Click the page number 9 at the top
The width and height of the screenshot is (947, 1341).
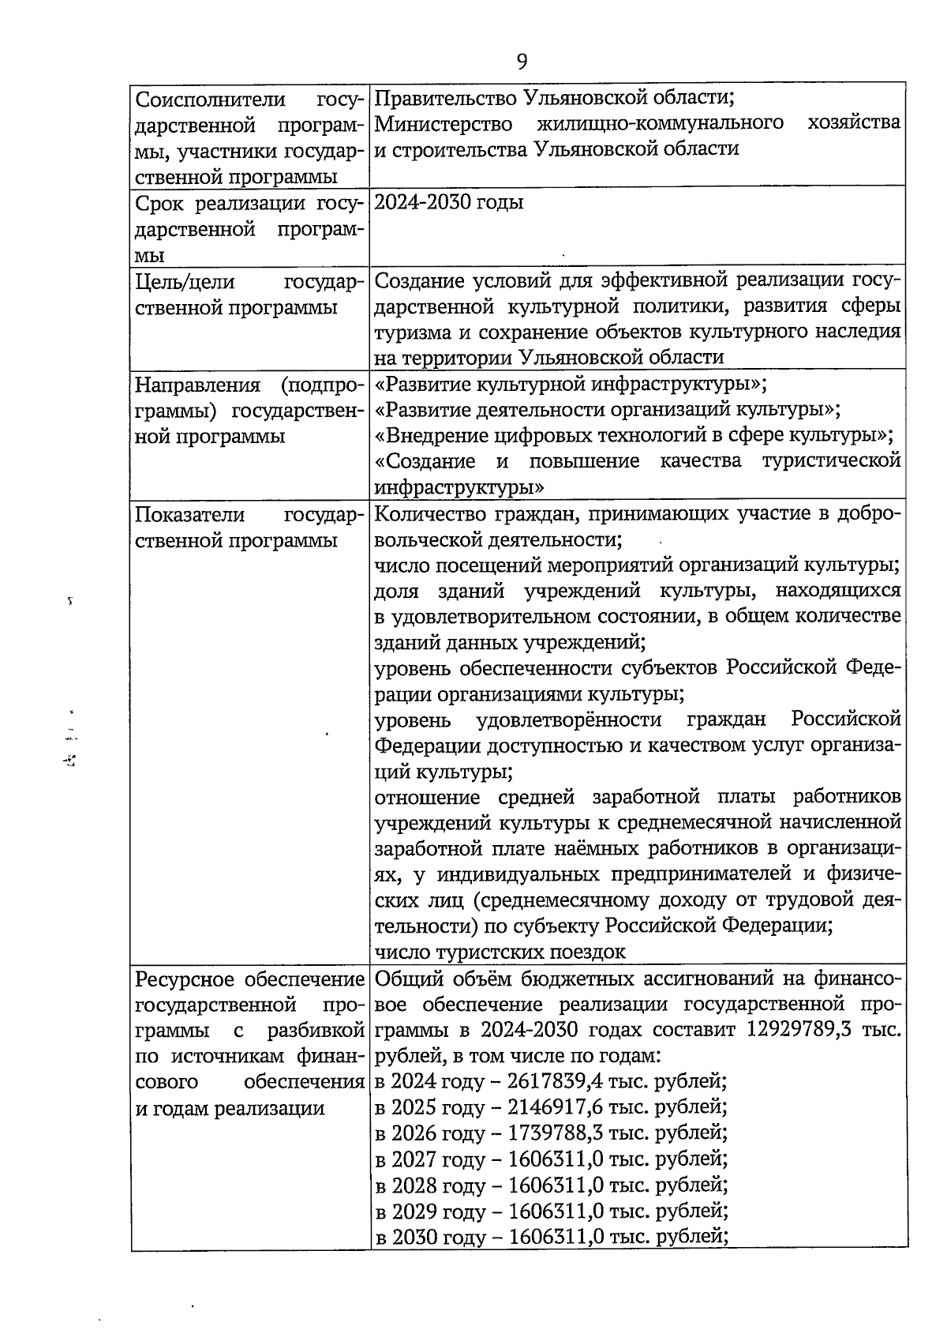click(x=522, y=62)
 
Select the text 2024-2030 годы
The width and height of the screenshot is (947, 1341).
click(x=448, y=202)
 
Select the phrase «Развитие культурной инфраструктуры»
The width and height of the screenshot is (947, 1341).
click(x=571, y=385)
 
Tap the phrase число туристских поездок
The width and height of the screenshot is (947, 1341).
click(x=500, y=952)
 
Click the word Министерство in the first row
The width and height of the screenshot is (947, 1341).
click(x=443, y=124)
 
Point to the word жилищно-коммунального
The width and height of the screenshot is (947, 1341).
click(x=660, y=123)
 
